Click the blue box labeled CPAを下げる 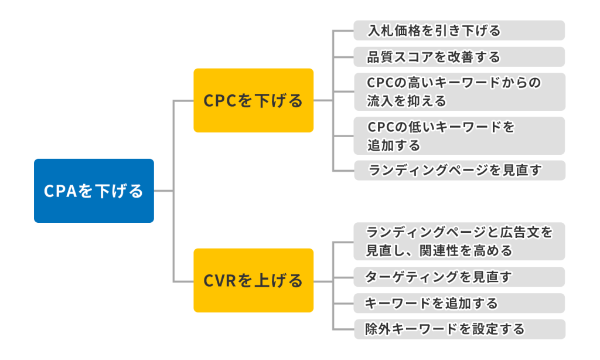tap(94, 191)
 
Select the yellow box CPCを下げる tap(253, 100)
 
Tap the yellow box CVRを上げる tap(253, 280)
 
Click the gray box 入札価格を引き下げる tap(459, 30)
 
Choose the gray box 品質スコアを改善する tap(459, 57)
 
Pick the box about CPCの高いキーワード tap(459, 91)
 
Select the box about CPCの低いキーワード tap(459, 135)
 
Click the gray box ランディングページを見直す tap(459, 170)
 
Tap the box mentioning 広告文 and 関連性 tap(459, 242)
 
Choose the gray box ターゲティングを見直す tap(459, 277)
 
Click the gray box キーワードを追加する tap(459, 303)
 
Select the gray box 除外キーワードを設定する tap(459, 329)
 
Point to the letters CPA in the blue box tap(61, 191)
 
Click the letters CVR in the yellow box tap(220, 281)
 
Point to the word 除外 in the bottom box tap(378, 329)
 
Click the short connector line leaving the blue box tap(164, 191)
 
